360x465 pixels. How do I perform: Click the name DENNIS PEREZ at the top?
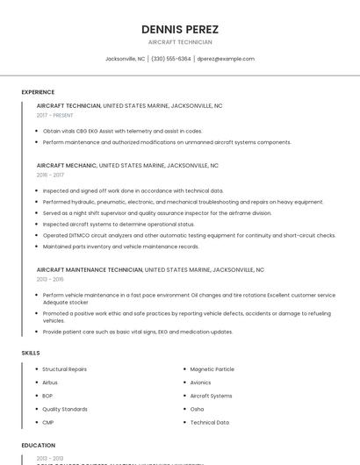click(179, 29)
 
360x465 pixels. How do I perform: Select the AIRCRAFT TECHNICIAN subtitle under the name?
click(179, 42)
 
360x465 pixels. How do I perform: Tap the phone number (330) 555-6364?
click(170, 59)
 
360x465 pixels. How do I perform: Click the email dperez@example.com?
click(226, 59)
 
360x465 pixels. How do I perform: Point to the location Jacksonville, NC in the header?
click(125, 59)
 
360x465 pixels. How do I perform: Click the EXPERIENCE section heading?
click(38, 92)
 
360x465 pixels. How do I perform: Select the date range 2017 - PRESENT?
click(55, 115)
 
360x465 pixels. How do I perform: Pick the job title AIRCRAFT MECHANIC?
click(67, 165)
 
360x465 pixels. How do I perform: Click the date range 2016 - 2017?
click(50, 175)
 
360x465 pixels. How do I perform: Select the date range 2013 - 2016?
click(50, 279)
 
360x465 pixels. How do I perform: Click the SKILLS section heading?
click(31, 353)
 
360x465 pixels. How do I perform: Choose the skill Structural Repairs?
click(64, 369)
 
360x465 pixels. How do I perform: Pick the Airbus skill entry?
click(50, 383)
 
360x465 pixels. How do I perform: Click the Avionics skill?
click(200, 383)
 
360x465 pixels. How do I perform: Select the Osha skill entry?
click(197, 409)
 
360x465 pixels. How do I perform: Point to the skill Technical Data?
click(209, 422)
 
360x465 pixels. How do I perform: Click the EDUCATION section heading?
click(38, 446)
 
